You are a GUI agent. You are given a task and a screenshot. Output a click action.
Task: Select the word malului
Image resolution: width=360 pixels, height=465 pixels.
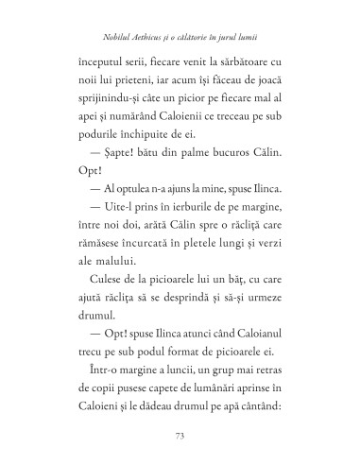(114, 282)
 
